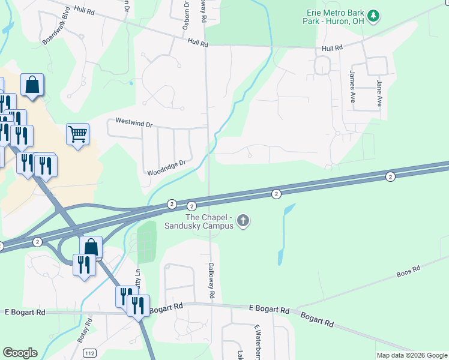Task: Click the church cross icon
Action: (x=243, y=221)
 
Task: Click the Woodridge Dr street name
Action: (x=167, y=167)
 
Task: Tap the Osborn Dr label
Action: (x=186, y=16)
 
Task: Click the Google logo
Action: (x=20, y=353)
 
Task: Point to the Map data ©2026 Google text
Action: (x=412, y=355)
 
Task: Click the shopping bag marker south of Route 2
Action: (x=91, y=247)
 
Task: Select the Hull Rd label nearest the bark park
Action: (x=331, y=48)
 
